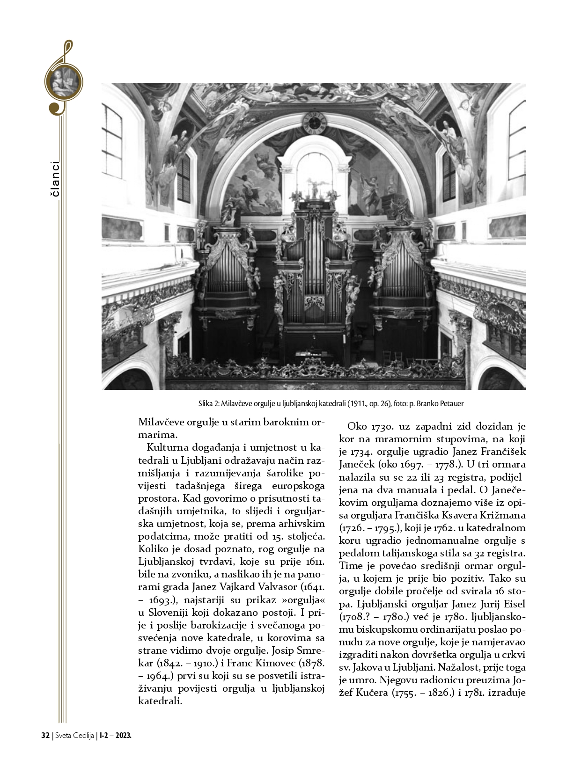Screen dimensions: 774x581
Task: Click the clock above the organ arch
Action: (314, 123)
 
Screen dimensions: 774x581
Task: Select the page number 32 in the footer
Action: (45, 735)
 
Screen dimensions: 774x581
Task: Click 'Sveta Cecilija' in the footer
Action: (74, 735)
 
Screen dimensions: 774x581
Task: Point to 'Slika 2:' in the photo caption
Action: (208, 403)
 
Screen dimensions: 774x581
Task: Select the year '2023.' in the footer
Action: (124, 735)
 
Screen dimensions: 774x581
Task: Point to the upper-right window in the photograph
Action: (516, 136)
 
